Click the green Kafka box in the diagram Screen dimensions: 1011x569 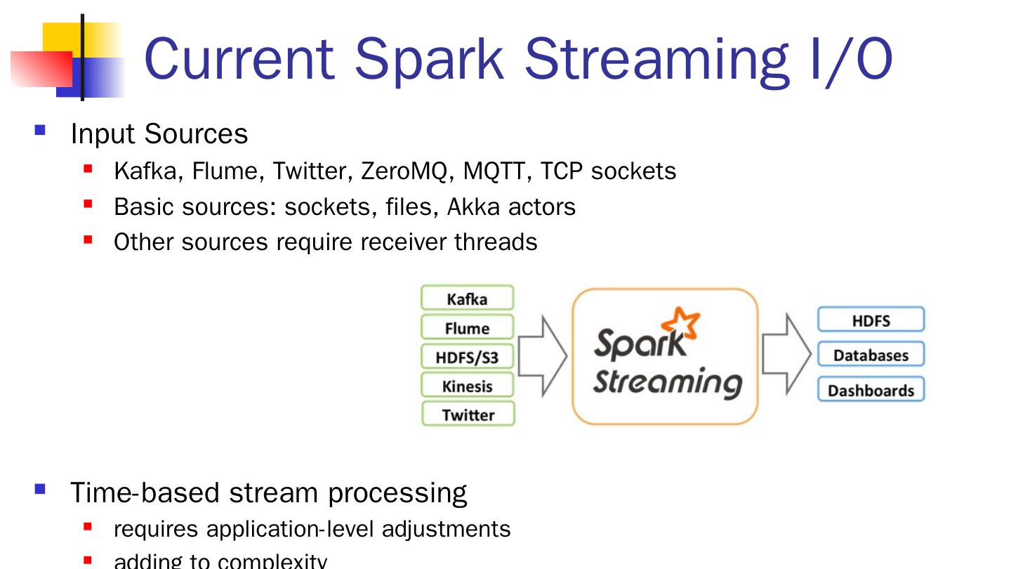point(467,298)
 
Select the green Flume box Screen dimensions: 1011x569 point(467,327)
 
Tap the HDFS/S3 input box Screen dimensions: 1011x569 point(467,357)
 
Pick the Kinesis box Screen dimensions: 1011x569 point(467,386)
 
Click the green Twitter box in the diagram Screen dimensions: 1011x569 point(468,414)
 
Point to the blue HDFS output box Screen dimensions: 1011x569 point(871,320)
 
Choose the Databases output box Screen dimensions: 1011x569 point(871,355)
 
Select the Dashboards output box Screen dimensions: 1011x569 point(871,390)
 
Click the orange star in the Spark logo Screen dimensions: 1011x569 point(682,325)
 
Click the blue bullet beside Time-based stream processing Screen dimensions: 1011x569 point(40,488)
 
